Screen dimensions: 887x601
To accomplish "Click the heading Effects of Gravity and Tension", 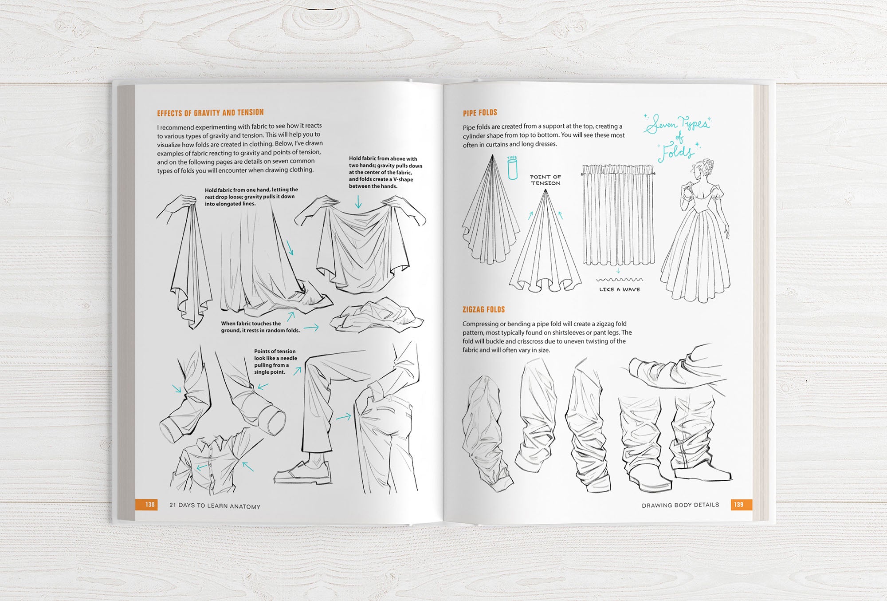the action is pos(210,113).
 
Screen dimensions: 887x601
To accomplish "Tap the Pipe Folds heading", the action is pos(480,113).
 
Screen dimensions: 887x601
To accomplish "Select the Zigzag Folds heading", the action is pos(484,309).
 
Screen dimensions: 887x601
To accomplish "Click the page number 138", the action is pos(150,505).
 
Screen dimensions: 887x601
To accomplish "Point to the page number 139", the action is pos(739,505).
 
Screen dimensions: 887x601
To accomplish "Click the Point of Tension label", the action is pos(546,180).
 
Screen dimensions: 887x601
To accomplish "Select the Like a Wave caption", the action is pos(620,289).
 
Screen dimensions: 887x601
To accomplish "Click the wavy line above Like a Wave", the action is pos(620,280).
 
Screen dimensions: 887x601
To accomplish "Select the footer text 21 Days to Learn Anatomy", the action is pos(215,506).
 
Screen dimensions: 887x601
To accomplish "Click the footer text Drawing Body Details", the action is pos(680,505).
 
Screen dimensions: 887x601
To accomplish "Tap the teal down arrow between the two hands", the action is pos(358,202).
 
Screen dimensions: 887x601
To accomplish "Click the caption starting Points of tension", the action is pos(276,362).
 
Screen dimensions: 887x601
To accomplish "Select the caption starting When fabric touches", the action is pos(260,327).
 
